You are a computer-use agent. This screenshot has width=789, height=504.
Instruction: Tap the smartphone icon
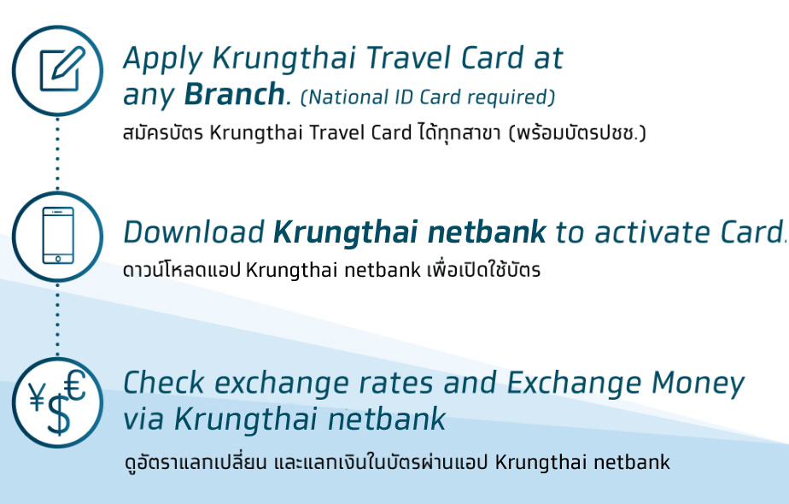pos(58,235)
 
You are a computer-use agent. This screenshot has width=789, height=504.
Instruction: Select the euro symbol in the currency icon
pos(75,385)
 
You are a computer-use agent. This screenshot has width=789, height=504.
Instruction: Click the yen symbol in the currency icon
pos(37,396)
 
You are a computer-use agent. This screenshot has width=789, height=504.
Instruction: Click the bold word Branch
pos(235,94)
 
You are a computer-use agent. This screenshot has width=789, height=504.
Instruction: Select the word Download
pos(194,232)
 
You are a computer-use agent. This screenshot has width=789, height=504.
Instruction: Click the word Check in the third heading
pos(164,383)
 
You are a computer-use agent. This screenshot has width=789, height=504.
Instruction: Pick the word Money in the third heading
pos(698,385)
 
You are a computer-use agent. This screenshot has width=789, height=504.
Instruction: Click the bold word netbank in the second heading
pos(487,232)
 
